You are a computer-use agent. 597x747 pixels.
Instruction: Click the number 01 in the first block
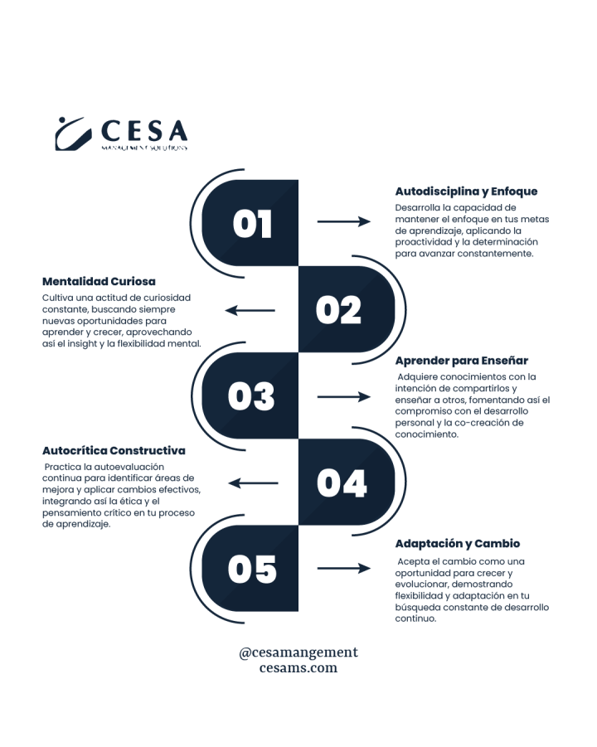252,223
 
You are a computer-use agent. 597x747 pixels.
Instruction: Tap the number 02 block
338,310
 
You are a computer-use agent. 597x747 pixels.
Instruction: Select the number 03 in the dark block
252,397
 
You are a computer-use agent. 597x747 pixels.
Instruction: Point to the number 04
341,483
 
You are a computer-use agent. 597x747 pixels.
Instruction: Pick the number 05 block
252,569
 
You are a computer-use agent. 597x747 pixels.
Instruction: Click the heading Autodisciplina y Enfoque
466,191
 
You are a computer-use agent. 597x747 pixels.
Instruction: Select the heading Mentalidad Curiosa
99,281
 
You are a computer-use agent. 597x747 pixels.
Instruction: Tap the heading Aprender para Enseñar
461,360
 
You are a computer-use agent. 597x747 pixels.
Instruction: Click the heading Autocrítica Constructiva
114,450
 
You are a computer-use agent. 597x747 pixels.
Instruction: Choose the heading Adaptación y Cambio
457,544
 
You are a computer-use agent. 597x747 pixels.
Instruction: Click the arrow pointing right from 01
343,221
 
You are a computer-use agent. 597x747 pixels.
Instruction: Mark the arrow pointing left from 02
250,311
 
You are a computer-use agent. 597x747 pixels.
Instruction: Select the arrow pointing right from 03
343,397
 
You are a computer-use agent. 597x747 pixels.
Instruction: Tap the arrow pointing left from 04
253,483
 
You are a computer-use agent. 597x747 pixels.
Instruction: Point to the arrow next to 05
343,569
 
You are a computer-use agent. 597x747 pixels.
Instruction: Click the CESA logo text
144,131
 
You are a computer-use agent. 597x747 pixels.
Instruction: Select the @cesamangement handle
298,652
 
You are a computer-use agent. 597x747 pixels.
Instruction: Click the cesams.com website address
298,668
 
